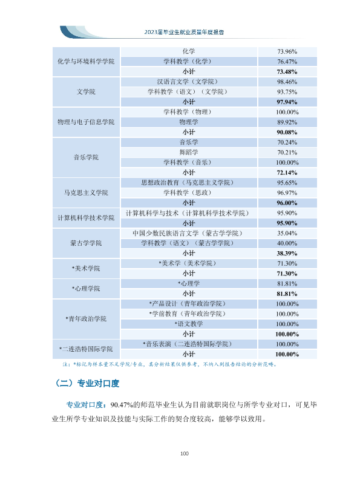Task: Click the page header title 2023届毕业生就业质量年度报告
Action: point(184,32)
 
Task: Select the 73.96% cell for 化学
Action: point(287,51)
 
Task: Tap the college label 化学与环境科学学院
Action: point(86,62)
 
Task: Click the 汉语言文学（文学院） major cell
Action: point(189,82)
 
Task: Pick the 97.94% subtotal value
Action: point(287,102)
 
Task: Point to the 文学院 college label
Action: point(86,92)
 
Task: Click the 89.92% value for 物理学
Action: point(287,122)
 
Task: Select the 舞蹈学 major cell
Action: point(189,152)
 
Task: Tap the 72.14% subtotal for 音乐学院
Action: point(287,172)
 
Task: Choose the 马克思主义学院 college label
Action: point(86,192)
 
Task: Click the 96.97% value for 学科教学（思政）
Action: point(287,192)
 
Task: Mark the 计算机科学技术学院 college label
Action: point(86,218)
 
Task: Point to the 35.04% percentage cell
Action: point(287,233)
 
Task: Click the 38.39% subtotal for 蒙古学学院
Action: point(287,253)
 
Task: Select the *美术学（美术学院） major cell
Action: point(189,263)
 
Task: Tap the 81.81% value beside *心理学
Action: point(287,283)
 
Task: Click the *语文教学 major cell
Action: point(189,324)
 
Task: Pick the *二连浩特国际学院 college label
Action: point(86,349)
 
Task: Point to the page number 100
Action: point(184,453)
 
